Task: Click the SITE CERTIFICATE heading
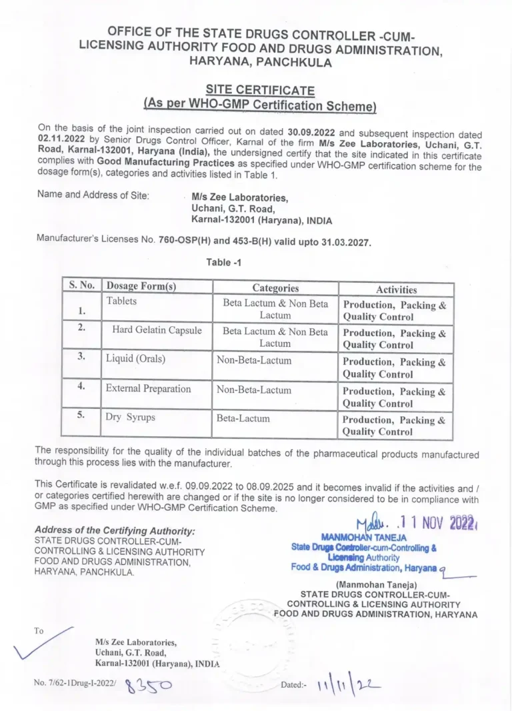[x=260, y=90]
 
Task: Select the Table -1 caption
[x=223, y=262]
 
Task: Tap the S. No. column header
[x=82, y=285]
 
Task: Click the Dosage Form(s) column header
[x=141, y=286]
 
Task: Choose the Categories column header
[x=275, y=288]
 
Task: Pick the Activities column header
[x=396, y=289]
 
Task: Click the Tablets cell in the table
[x=121, y=301]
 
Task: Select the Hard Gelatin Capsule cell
[x=157, y=330]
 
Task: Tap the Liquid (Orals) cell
[x=135, y=359]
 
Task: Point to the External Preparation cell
[x=148, y=388]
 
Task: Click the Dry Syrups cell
[x=131, y=417]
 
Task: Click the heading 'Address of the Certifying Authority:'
[x=115, y=531]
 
